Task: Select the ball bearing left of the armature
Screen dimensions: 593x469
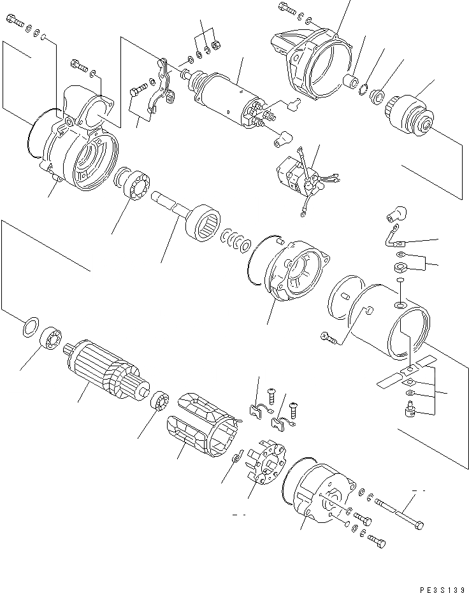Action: (51, 338)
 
